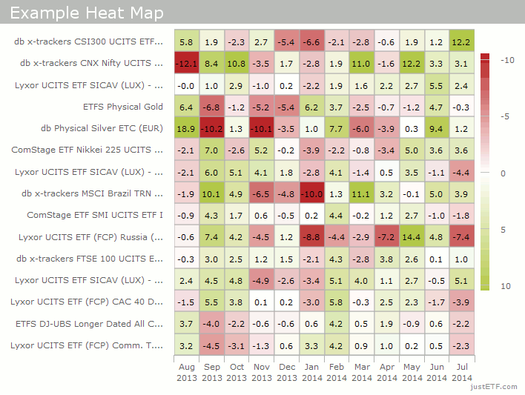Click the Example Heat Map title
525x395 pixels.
coord(87,14)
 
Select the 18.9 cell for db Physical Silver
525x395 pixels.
coord(186,128)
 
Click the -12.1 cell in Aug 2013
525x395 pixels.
coord(186,64)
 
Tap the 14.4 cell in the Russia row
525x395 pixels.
coord(412,237)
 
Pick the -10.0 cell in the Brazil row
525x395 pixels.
coord(311,194)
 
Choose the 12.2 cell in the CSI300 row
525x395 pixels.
coord(461,42)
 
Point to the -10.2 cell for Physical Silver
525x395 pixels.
coord(211,128)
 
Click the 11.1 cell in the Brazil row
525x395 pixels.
coord(361,194)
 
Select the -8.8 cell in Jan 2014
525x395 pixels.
coord(311,237)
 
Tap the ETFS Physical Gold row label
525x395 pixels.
coord(123,107)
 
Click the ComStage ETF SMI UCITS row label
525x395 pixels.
coord(95,215)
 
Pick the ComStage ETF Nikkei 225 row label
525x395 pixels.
coord(87,150)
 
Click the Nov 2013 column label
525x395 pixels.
coord(261,372)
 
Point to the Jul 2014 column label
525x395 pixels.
coord(461,372)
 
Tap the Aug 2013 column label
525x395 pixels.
coord(186,372)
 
